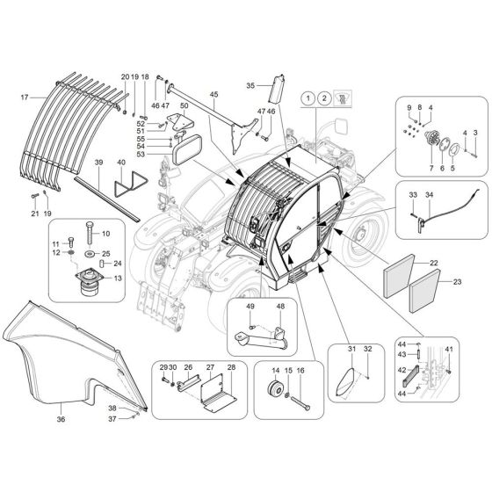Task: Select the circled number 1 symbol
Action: (307, 98)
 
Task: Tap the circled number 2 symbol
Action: (325, 98)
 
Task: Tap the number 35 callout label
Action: (250, 85)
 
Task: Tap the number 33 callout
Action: (412, 193)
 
